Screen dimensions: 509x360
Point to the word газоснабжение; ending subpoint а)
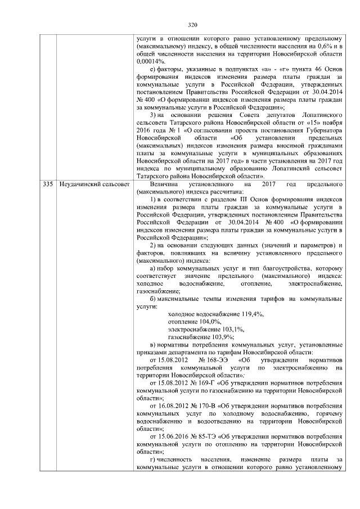[159, 292]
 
